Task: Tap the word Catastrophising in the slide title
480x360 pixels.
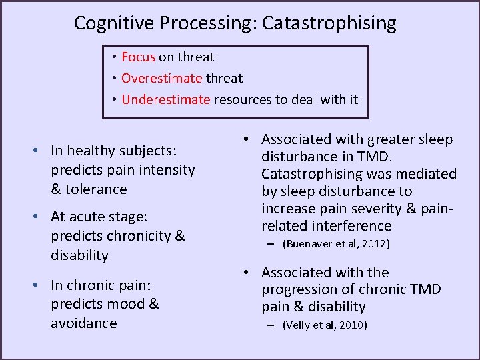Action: click(329, 23)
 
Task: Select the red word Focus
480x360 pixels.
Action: click(138, 57)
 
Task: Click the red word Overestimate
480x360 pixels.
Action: click(161, 79)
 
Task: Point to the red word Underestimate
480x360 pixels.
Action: click(166, 100)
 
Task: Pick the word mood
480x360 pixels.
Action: click(127, 304)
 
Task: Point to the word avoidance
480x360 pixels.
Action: click(83, 323)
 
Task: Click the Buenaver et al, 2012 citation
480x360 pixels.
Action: click(336, 244)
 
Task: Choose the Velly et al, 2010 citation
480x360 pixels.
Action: click(325, 325)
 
